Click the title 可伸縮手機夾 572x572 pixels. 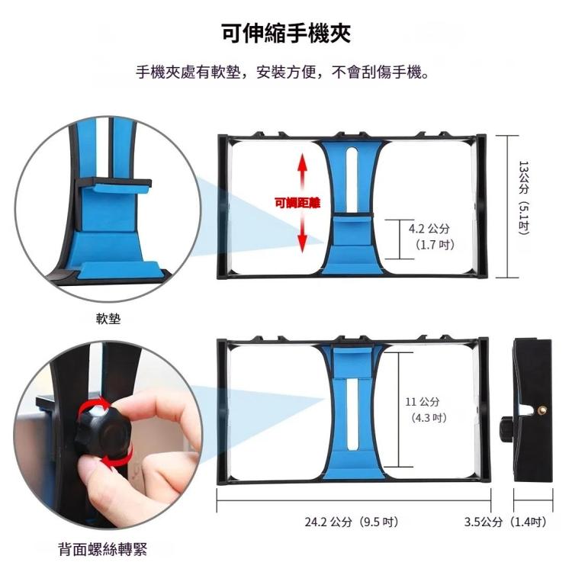pos(286,35)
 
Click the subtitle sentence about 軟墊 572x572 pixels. pos(286,74)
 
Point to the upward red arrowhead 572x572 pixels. pos(302,162)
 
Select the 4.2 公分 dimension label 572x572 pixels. pos(429,229)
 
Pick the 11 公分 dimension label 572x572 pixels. pos(423,402)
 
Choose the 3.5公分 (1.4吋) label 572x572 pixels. pos(506,522)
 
